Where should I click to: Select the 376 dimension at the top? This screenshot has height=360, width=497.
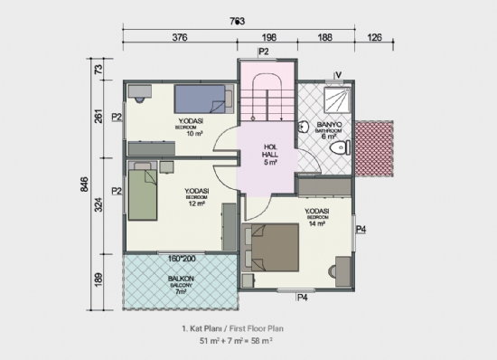click(x=179, y=38)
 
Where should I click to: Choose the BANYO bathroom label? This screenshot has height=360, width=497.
click(x=326, y=126)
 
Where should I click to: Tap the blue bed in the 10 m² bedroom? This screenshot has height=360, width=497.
click(x=199, y=97)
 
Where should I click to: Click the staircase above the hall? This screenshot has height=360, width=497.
click(x=269, y=101)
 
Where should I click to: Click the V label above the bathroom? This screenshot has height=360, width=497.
click(x=336, y=75)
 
